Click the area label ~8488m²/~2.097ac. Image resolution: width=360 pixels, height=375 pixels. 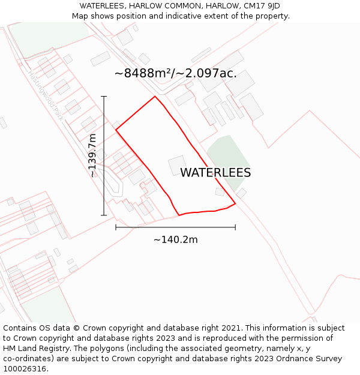pyautogui.click(x=175, y=74)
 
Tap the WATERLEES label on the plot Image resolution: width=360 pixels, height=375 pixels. pyautogui.click(x=215, y=173)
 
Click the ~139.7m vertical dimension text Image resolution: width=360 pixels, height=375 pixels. pyautogui.click(x=92, y=155)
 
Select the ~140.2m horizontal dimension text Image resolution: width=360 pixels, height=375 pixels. pyautogui.click(x=175, y=240)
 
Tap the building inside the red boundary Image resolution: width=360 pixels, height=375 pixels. pyautogui.click(x=177, y=165)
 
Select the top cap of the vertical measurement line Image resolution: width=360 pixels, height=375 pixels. pyautogui.click(x=104, y=96)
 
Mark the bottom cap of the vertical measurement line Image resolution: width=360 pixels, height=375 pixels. pyautogui.click(x=104, y=215)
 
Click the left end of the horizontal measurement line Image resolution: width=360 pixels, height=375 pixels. pyautogui.click(x=116, y=227)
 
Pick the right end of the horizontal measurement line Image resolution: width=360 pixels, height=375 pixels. pyautogui.click(x=235, y=227)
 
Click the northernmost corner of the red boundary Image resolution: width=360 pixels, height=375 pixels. pyautogui.click(x=155, y=96)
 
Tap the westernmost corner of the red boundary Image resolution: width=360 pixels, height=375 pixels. pyautogui.click(x=116, y=130)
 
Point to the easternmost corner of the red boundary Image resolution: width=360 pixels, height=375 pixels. pyautogui.click(x=235, y=203)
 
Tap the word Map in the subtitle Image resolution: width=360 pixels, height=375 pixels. pyautogui.click(x=80, y=16)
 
